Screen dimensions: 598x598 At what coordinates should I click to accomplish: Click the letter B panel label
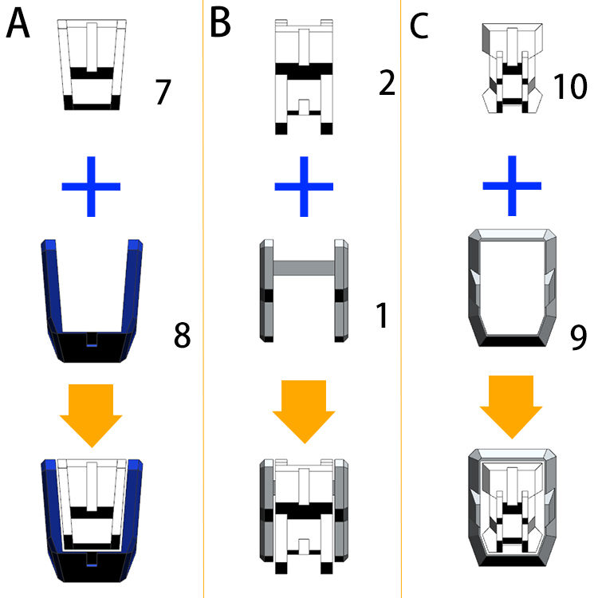220,25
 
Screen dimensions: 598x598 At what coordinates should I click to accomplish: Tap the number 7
163,92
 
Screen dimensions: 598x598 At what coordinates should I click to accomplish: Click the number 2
386,83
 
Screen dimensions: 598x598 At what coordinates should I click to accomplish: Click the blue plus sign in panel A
91,187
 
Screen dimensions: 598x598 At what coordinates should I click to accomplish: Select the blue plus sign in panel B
304,187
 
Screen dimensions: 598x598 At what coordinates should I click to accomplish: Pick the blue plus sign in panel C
512,187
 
